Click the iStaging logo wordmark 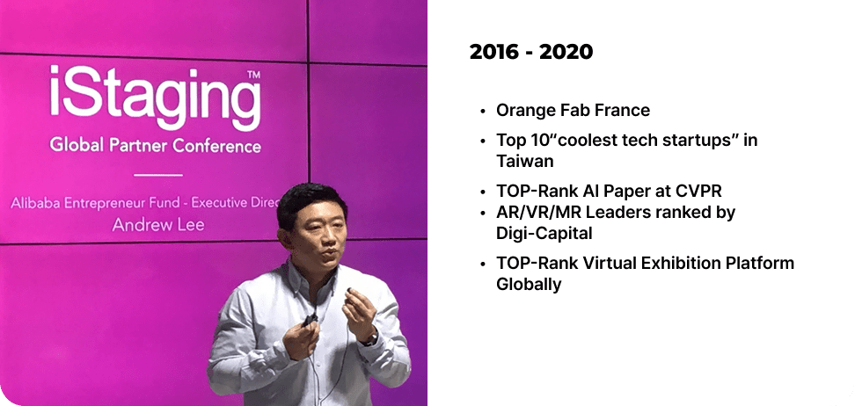156,98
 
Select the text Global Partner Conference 156,146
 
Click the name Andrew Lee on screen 158,224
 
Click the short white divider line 158,175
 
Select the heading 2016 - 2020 531,52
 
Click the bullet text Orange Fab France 574,110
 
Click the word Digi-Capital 544,233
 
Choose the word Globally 529,285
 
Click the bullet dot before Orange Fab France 483,111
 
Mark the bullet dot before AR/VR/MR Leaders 483,213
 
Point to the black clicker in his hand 311,320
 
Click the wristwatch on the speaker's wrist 371,339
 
